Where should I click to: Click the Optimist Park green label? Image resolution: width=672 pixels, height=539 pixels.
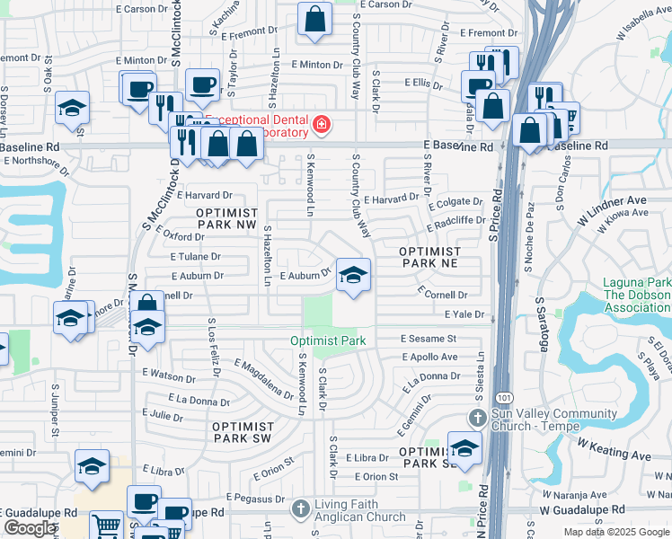tap(328, 341)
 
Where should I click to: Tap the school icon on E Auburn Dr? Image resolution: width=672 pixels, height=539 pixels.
tap(353, 274)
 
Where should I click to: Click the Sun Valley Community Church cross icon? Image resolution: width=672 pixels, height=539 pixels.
tap(478, 418)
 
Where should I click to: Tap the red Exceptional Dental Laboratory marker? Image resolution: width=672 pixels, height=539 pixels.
tap(320, 123)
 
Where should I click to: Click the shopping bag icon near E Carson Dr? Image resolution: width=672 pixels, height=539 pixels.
tap(315, 19)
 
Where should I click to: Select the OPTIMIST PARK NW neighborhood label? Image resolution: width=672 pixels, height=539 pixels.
tap(226, 219)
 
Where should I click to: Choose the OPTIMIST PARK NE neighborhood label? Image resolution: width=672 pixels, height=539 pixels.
tap(429, 258)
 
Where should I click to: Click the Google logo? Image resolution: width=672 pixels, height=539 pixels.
tap(30, 528)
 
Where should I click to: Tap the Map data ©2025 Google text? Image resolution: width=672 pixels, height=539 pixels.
tap(616, 532)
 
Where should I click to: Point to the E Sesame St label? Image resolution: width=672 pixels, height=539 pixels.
tap(429, 339)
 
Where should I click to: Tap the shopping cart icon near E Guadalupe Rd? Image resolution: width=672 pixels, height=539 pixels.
tap(106, 525)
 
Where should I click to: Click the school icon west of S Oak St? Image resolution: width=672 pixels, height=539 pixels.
tap(71, 109)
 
